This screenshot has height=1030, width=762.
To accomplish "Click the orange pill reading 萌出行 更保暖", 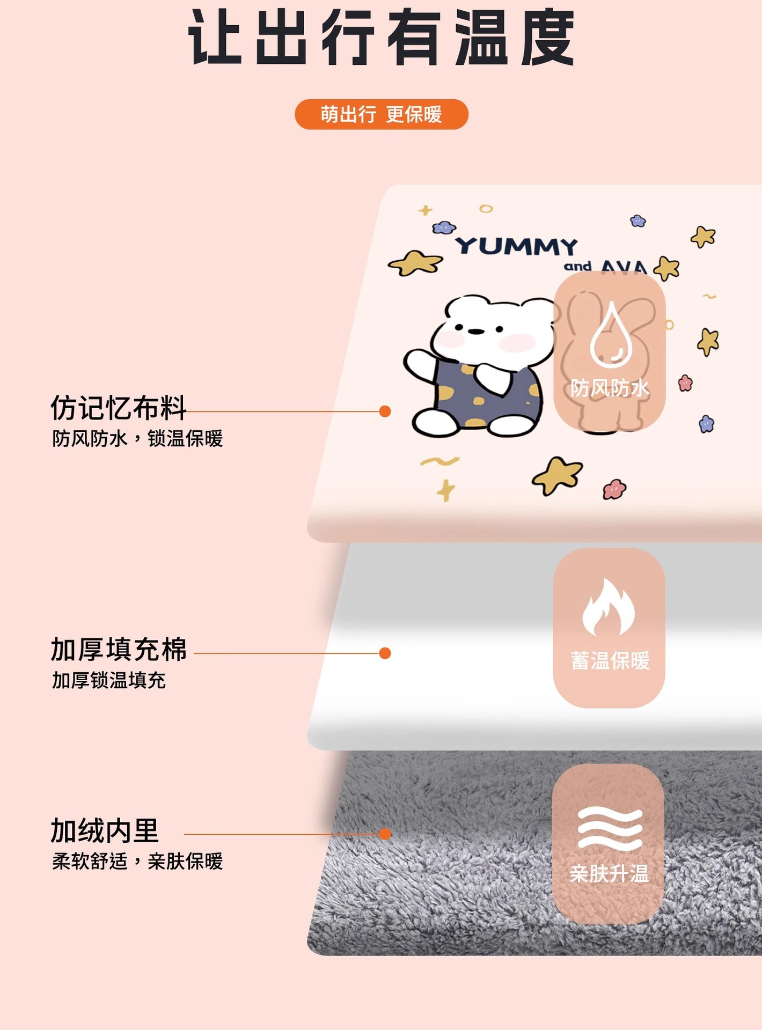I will [x=381, y=114].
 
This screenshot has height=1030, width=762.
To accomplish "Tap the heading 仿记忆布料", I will [x=118, y=408].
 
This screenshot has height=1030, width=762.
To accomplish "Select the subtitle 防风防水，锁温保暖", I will [x=137, y=439].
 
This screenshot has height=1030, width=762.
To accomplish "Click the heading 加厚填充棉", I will [x=119, y=650].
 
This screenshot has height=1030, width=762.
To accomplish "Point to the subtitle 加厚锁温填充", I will [x=109, y=681].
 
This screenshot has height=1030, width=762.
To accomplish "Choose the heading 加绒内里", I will [x=105, y=831].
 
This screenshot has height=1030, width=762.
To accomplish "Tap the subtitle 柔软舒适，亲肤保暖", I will [x=137, y=862].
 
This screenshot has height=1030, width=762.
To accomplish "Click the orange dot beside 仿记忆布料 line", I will [x=385, y=411].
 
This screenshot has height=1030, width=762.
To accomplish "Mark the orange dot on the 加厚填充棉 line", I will [x=385, y=653].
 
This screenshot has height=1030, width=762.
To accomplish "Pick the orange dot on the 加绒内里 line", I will [x=385, y=834].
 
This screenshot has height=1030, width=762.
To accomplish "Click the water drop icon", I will [x=611, y=335].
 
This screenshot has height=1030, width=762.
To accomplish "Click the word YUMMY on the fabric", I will [x=516, y=247].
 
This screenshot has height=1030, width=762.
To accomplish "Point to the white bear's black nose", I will [x=474, y=332].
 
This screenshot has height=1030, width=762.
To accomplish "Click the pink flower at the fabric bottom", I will [x=614, y=489].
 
